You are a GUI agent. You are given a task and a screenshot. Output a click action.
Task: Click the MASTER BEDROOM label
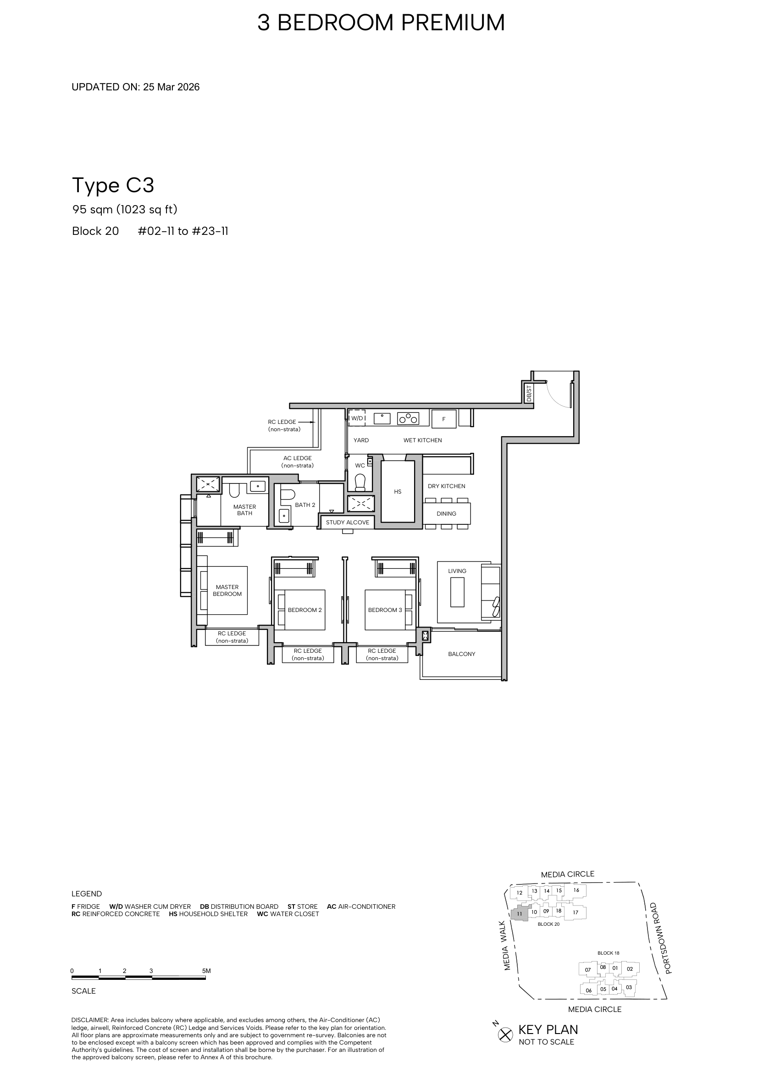tap(227, 590)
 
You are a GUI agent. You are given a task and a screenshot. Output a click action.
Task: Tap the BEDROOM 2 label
tap(304, 610)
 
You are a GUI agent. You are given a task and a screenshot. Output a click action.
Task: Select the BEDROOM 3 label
tap(385, 610)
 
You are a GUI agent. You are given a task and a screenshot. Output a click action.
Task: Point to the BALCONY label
tap(461, 654)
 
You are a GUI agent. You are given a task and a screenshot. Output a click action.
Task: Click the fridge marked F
tap(444, 419)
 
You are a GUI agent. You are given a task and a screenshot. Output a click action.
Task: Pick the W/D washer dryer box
tap(357, 418)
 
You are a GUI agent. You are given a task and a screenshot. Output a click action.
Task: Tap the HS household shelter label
tap(398, 492)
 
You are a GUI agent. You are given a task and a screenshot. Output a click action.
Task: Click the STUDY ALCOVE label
tap(348, 522)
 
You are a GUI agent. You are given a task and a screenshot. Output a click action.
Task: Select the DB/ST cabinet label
tap(529, 394)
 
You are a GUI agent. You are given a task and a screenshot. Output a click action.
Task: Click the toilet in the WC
tap(360, 482)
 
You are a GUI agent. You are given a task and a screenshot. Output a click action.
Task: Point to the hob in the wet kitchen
tap(408, 418)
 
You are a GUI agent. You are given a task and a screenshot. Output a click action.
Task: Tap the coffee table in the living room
tap(457, 592)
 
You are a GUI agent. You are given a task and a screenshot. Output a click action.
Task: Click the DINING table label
tap(447, 514)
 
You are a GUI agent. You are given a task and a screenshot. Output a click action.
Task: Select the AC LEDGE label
tap(298, 462)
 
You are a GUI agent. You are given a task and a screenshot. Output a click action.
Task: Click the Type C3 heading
tap(113, 185)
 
